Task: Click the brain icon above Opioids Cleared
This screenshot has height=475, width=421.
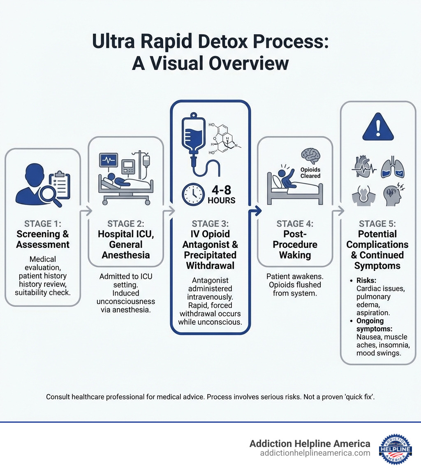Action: (310, 156)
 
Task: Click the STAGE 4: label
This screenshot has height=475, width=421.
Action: (295, 224)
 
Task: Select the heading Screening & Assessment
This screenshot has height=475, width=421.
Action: (43, 239)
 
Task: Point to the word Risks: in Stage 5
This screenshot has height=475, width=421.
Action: (367, 281)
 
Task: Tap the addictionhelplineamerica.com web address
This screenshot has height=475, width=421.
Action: (315, 453)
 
